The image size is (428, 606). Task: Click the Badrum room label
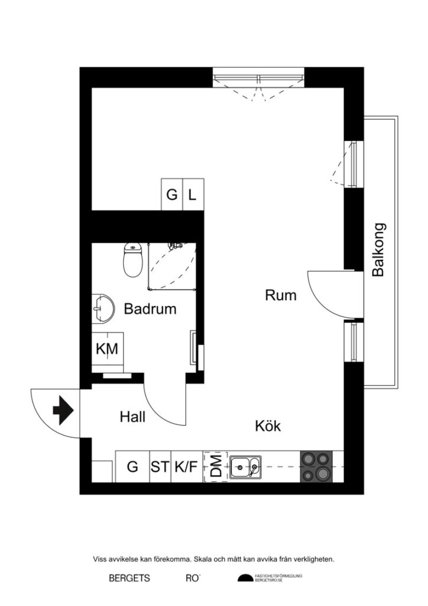coord(150,309)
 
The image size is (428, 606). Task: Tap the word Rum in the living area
coord(280,295)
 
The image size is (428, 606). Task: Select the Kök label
coord(268,426)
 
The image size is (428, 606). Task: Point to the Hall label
coord(132,417)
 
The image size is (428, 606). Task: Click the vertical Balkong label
coord(378,250)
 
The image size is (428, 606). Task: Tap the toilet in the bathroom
coord(132,260)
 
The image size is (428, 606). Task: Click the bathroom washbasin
coord(102,308)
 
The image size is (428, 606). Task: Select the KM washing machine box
coord(107,349)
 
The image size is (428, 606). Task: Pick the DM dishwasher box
coord(216,466)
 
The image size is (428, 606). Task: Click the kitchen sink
coord(245,467)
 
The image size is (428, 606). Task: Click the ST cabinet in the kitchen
coord(160,467)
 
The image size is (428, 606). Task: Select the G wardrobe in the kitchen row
coord(132,467)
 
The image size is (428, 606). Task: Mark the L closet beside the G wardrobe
coord(193,194)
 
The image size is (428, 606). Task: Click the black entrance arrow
coord(62,410)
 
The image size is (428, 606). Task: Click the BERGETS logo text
coord(129,578)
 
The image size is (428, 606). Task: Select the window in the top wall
coord(258,77)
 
